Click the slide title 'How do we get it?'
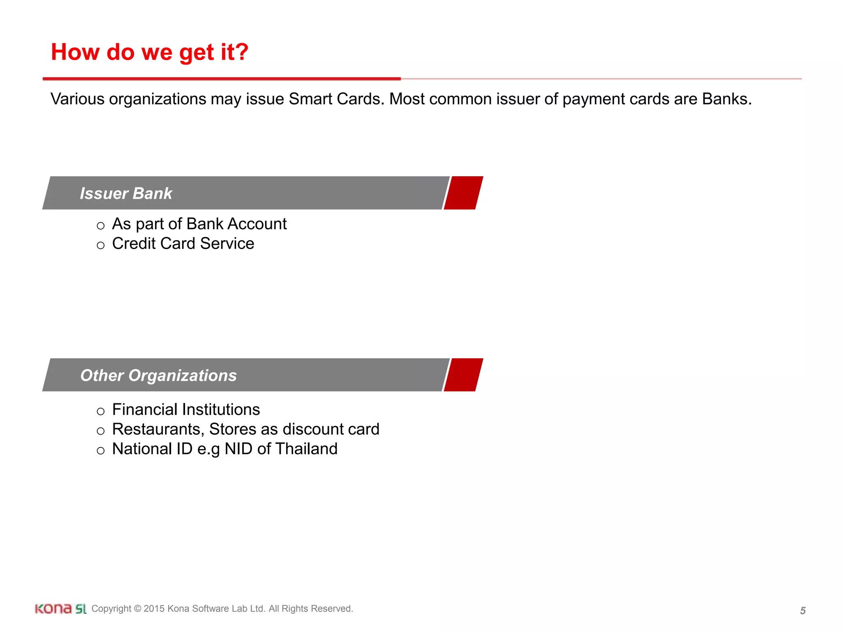(x=150, y=52)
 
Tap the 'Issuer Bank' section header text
(x=126, y=193)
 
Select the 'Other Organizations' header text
(x=158, y=375)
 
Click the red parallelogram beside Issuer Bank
(x=463, y=193)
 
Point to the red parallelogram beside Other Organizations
(x=463, y=375)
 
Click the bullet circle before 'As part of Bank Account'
(x=101, y=226)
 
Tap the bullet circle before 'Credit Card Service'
(x=101, y=245)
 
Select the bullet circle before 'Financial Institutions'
(x=101, y=411)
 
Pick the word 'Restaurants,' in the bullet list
(x=158, y=429)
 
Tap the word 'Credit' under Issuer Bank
(x=134, y=244)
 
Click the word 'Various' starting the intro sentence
(x=77, y=99)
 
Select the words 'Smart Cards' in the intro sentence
(x=336, y=99)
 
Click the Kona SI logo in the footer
(x=60, y=609)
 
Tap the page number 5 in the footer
(x=803, y=611)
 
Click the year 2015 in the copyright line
(x=154, y=609)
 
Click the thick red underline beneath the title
(x=222, y=78)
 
